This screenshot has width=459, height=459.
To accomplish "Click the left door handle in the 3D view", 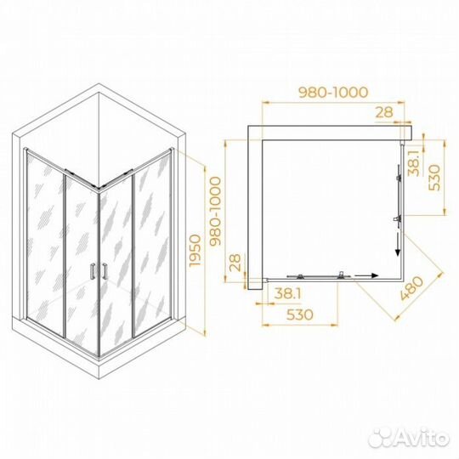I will coord(93,271).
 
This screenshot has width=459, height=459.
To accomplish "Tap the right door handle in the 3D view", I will coord(103,271).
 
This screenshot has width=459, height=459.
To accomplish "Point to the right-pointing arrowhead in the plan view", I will coord(372,275).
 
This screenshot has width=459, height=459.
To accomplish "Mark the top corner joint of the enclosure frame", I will coord(99,189).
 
